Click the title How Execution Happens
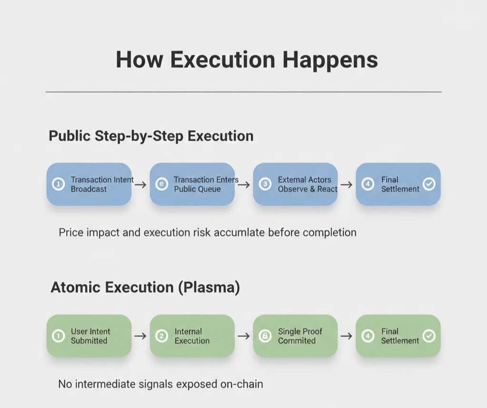(247, 60)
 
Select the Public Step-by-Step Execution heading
(151, 136)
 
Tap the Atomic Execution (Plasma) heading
(145, 288)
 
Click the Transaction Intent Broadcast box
(89, 185)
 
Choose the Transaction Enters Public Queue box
(192, 185)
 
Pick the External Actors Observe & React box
(295, 185)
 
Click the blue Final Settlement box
(398, 185)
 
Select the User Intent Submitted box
(89, 336)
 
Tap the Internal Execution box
(192, 336)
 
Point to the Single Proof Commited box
(295, 336)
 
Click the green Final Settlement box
(398, 336)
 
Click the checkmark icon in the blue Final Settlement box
(429, 185)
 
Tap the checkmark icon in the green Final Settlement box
(429, 336)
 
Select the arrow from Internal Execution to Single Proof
(243, 336)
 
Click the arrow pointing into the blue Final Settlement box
(347, 185)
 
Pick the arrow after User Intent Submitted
(140, 336)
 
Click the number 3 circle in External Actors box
(265, 185)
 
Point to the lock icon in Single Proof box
(265, 336)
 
